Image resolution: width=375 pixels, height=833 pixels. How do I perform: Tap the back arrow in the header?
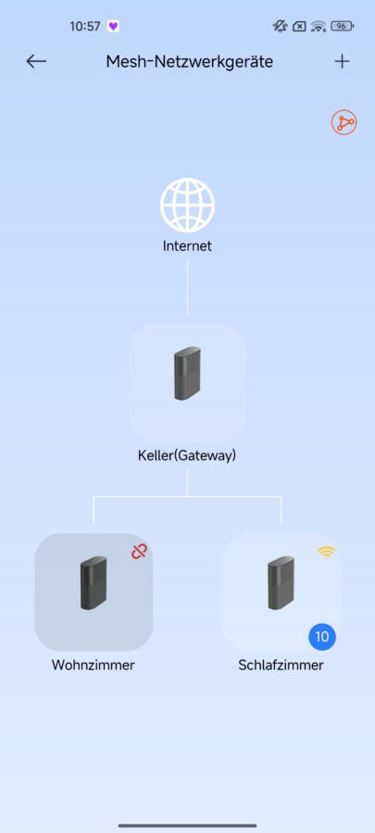36,62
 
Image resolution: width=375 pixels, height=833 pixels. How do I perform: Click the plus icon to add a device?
342,62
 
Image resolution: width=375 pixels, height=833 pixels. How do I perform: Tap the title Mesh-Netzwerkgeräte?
189,62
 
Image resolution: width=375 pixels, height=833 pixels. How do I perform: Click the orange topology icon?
344,123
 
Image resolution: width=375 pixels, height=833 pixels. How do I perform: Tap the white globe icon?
187,205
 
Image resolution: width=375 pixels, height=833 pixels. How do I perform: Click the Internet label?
187,246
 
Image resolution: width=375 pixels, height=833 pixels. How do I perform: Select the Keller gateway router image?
187,374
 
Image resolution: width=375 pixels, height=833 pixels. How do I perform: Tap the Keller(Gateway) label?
187,455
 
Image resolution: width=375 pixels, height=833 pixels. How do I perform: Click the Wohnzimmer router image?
94,583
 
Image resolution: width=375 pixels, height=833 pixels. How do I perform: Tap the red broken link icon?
139,552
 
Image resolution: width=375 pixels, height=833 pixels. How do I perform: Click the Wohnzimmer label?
93,665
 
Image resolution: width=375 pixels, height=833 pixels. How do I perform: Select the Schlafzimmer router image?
281,583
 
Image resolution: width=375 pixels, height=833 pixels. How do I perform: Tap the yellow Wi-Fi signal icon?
327,553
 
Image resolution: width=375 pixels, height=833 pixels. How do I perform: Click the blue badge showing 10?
322,637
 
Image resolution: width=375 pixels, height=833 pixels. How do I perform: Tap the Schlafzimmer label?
281,665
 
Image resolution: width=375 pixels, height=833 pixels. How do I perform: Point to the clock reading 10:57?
85,27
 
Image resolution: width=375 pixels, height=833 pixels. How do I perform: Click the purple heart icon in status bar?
113,26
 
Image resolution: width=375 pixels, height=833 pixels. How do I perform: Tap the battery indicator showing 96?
342,26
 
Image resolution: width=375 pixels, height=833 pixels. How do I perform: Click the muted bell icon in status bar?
280,26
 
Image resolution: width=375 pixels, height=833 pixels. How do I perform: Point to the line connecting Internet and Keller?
187,287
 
